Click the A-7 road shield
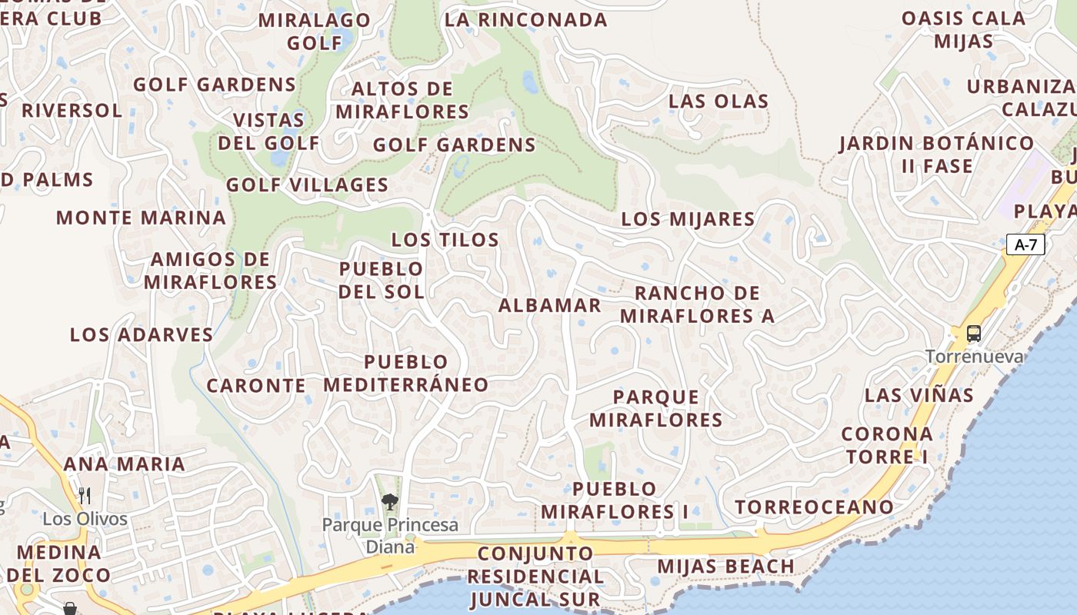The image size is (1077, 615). (1026, 245)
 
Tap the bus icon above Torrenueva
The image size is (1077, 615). (974, 334)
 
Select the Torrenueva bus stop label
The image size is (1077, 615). (975, 357)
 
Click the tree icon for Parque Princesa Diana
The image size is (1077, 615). (390, 502)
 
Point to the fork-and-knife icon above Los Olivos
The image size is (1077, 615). (85, 496)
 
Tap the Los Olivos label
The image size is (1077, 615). (85, 519)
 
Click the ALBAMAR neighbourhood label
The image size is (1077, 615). (549, 305)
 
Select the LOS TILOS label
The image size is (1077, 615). (445, 240)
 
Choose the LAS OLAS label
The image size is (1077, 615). (719, 101)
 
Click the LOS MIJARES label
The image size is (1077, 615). (688, 219)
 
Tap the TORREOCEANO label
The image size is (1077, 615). (814, 507)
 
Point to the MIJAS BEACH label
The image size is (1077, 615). (725, 567)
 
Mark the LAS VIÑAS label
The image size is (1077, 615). (919, 395)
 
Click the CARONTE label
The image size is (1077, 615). (256, 385)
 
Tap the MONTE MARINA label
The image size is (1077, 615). (141, 218)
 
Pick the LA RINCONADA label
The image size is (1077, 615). (526, 20)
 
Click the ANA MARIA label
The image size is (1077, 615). (124, 464)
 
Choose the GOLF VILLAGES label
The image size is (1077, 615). (307, 185)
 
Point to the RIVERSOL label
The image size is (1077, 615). (72, 110)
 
